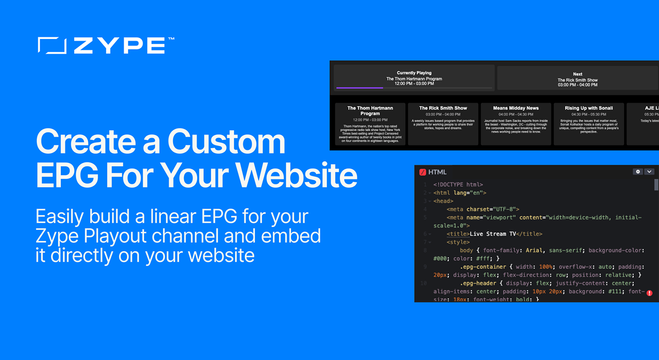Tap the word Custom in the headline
(x=227, y=142)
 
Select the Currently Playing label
(x=414, y=73)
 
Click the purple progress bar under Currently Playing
(x=360, y=87)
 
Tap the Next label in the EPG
(x=577, y=74)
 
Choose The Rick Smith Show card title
(x=443, y=108)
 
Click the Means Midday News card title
(x=516, y=108)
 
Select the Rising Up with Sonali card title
(x=589, y=108)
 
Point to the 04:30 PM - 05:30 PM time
(x=589, y=115)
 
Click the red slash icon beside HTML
(x=422, y=172)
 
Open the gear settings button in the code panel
(x=638, y=171)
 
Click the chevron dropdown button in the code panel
(x=649, y=171)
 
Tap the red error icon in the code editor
(x=649, y=293)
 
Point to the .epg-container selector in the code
(x=486, y=266)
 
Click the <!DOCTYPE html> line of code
(x=458, y=185)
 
